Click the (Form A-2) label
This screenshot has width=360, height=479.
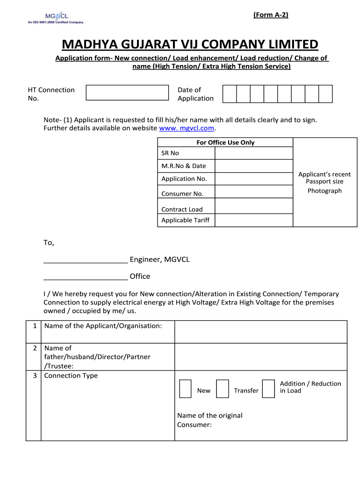271,15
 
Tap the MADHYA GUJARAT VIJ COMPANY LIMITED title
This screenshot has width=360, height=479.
190,44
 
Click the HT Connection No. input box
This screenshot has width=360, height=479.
127,93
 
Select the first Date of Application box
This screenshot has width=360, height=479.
230,94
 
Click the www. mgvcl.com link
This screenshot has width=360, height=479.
187,128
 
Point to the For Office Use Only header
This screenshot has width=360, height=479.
225,143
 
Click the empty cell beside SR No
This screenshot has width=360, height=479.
253,153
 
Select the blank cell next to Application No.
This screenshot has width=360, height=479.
253,179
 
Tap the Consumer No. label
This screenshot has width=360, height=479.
182,194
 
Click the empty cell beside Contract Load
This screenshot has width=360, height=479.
253,206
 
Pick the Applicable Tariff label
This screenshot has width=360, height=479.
186,220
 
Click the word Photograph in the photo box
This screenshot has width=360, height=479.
324,191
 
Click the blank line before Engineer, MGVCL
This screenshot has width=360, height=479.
86,260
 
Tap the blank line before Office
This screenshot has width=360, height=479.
86,276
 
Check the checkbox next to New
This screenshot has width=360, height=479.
185,389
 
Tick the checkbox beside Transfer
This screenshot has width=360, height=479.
223,389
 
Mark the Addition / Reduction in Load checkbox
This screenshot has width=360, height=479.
268,389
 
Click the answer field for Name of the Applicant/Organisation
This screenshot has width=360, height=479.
260,332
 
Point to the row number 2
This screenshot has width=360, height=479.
35,348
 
